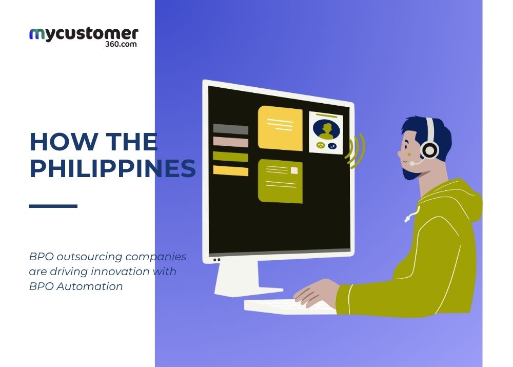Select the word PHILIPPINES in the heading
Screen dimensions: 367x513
[x=112, y=169]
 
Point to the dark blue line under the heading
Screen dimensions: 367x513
[x=53, y=206]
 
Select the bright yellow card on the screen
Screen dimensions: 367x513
[x=280, y=128]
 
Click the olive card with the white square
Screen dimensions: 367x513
[x=280, y=181]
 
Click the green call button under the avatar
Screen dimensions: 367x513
[x=321, y=146]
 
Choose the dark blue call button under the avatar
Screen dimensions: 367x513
[x=332, y=146]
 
